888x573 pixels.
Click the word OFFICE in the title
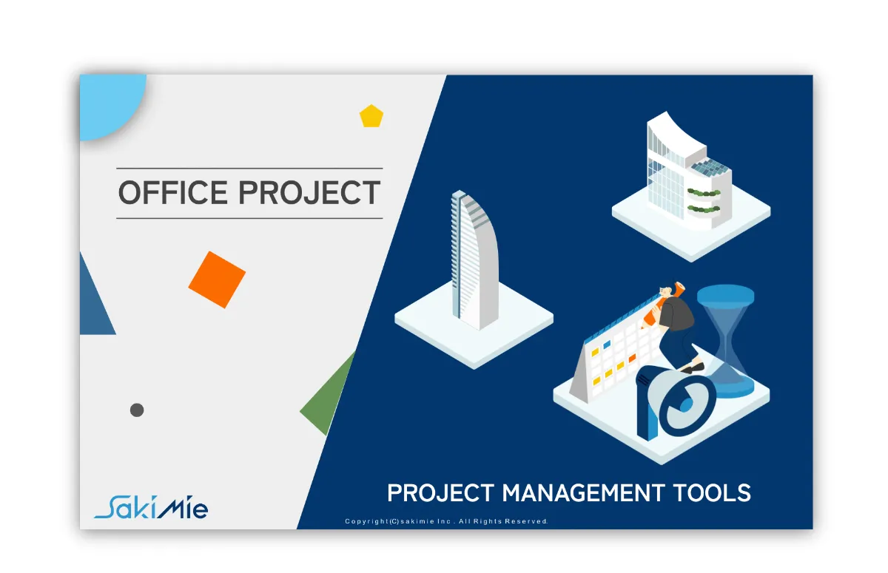click(173, 192)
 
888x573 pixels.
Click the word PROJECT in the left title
click(309, 192)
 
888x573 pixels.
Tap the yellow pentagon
click(371, 116)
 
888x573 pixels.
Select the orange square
click(217, 279)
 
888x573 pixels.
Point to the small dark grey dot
click(137, 410)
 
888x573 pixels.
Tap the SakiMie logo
click(151, 507)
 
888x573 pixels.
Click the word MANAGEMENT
click(584, 493)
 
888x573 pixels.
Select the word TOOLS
click(712, 493)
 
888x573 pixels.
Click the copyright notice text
click(446, 521)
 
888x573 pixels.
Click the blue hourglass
click(726, 341)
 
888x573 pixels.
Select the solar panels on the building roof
click(712, 168)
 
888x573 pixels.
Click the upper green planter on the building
click(704, 193)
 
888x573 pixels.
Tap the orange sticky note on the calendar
click(632, 358)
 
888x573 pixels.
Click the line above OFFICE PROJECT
click(249, 169)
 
